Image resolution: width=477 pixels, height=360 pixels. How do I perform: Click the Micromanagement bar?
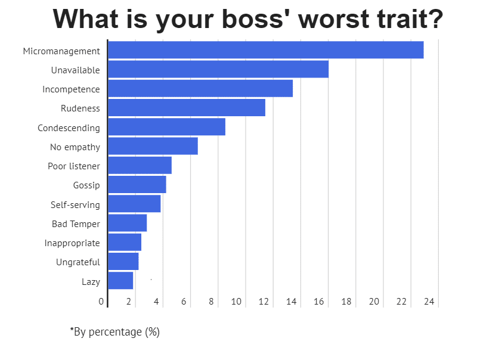(265, 50)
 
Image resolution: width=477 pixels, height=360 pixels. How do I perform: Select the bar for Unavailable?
(218, 69)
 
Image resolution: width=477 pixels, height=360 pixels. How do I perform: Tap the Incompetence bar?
(200, 88)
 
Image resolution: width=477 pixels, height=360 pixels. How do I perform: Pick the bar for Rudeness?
(187, 108)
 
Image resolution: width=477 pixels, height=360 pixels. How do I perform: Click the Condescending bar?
(166, 127)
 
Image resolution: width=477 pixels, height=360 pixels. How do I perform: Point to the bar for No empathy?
(153, 146)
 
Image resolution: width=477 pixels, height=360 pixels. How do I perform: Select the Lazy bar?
(120, 281)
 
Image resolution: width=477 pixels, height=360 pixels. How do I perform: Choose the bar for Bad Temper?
(127, 223)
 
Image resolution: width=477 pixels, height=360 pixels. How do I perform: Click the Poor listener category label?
(74, 166)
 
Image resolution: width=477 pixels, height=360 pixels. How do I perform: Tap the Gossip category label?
(86, 185)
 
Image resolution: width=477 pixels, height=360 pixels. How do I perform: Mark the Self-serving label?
(75, 205)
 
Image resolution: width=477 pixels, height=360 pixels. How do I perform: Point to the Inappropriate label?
(72, 243)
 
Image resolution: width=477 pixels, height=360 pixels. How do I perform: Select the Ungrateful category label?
(78, 262)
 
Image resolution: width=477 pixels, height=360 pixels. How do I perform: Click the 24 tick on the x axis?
(429, 302)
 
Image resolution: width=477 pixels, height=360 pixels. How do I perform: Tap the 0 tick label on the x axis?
(101, 302)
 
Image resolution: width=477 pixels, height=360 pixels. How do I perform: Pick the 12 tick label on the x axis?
(264, 302)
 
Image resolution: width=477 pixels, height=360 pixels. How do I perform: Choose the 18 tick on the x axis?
(346, 302)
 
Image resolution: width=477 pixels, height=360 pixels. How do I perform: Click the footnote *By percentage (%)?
(114, 332)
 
